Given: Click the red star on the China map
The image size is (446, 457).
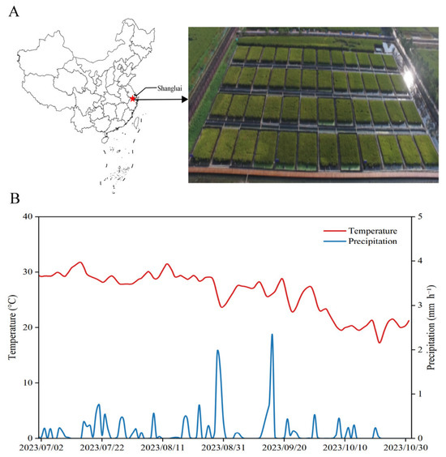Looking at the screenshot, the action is [x=133, y=99].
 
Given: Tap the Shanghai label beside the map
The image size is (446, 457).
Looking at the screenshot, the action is [x=169, y=88].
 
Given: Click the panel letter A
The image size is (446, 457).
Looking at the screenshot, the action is [x=14, y=12].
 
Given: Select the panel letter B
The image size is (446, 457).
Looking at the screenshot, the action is [x=15, y=199].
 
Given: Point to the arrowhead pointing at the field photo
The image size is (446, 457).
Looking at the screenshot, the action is [x=184, y=100].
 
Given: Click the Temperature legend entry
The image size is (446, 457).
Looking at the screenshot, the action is [x=360, y=231].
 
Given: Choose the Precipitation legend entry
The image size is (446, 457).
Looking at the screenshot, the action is [x=360, y=241].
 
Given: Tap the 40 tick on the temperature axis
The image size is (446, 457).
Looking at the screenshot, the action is [x=28, y=216].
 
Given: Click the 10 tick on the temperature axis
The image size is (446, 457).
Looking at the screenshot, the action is [x=28, y=382].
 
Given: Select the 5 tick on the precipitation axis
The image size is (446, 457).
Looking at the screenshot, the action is [x=420, y=216].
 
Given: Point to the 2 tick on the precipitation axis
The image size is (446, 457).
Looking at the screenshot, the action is [x=420, y=349].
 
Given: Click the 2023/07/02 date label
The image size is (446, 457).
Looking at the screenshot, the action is [x=41, y=447].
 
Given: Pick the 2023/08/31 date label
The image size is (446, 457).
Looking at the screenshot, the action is [x=224, y=447].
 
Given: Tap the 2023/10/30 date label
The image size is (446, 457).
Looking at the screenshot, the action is [x=405, y=447].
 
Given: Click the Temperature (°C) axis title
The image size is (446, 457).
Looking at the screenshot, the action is [x=13, y=327].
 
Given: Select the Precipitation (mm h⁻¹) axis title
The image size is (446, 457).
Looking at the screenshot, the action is [x=431, y=327].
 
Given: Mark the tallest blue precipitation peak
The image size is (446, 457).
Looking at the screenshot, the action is [x=272, y=335].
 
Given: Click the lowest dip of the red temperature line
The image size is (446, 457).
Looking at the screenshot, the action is [x=380, y=343].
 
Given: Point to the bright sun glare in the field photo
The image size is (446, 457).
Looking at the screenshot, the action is [x=409, y=77].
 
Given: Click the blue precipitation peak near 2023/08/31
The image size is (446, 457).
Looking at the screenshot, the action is [x=217, y=350].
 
